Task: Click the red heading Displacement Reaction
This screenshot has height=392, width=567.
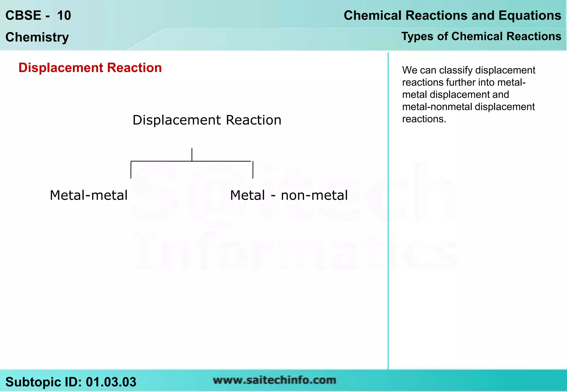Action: click(90, 68)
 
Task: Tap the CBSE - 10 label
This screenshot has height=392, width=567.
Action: click(38, 15)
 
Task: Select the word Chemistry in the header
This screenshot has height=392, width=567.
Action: click(37, 37)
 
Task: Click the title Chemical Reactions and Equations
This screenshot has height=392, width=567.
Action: click(452, 15)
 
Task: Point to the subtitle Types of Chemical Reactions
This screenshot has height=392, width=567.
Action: click(481, 36)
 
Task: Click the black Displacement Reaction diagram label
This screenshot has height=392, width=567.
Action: click(207, 120)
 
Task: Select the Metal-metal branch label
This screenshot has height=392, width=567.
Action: click(89, 195)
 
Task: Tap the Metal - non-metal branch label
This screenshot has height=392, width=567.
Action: click(289, 195)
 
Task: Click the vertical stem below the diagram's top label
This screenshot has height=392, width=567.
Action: click(192, 154)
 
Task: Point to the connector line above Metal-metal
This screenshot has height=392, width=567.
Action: click(131, 170)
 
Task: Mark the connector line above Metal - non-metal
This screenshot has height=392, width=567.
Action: click(253, 170)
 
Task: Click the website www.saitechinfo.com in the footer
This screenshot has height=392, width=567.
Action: click(274, 380)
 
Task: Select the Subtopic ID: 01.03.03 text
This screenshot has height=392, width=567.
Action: click(71, 382)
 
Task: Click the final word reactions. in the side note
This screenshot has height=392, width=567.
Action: click(424, 119)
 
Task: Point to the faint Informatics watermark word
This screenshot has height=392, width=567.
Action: click(295, 252)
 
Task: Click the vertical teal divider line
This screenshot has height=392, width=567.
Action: click(388, 210)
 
